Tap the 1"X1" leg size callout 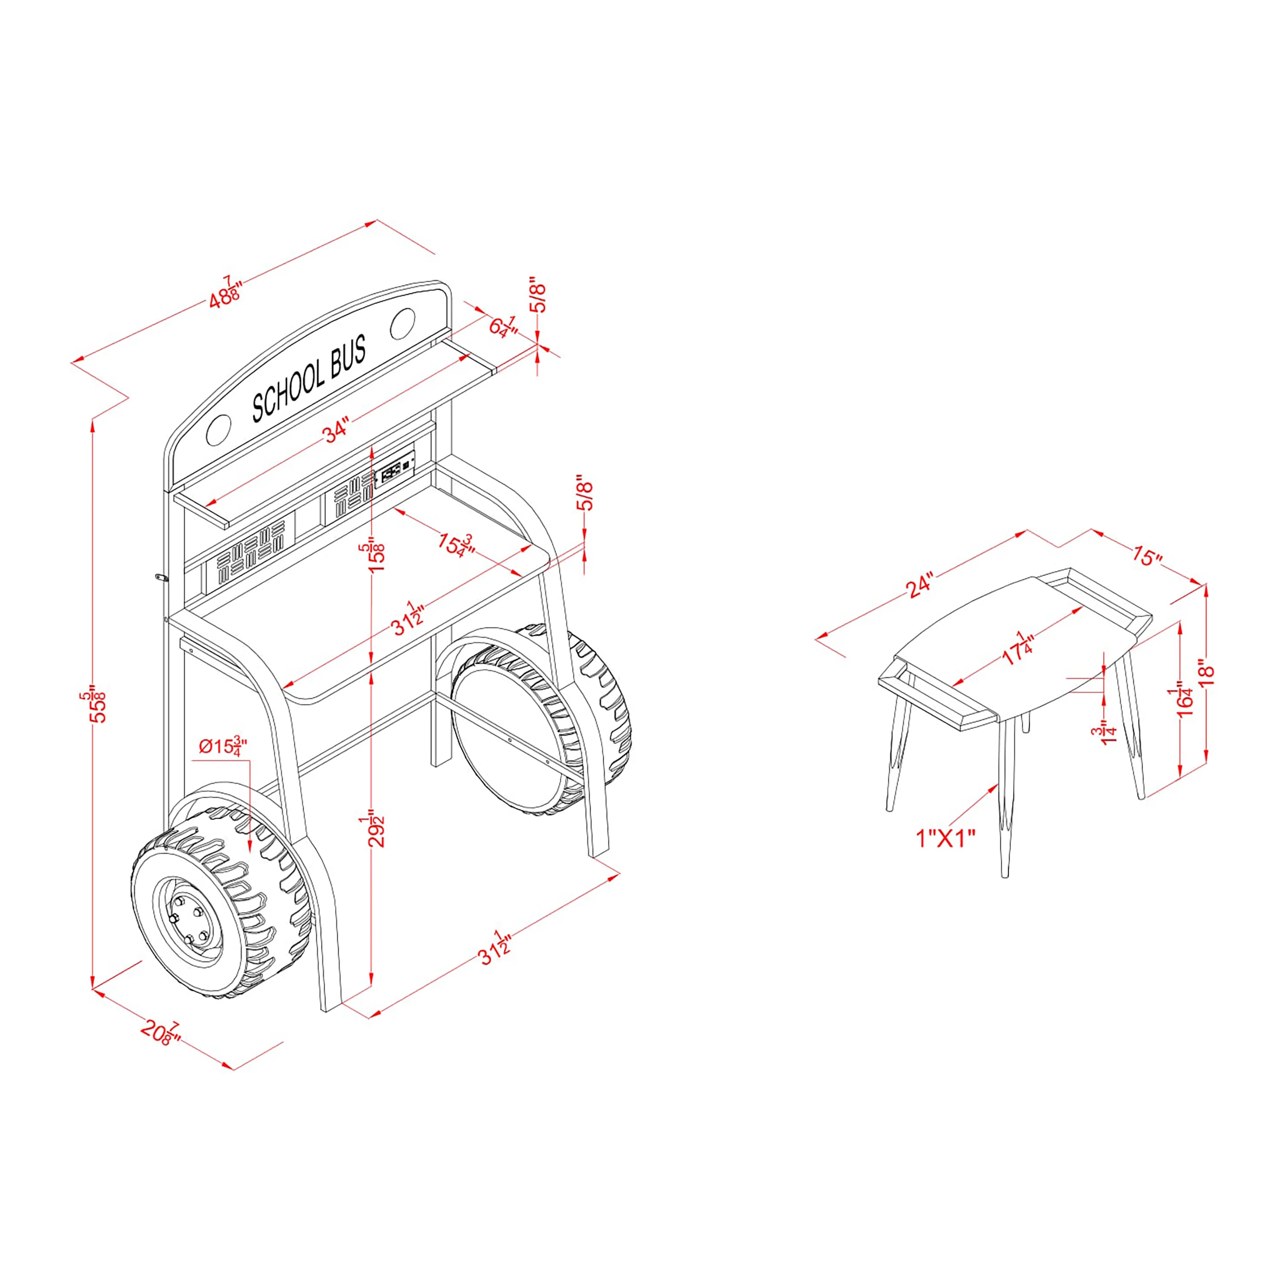coord(946,839)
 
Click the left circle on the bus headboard coord(219,430)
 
